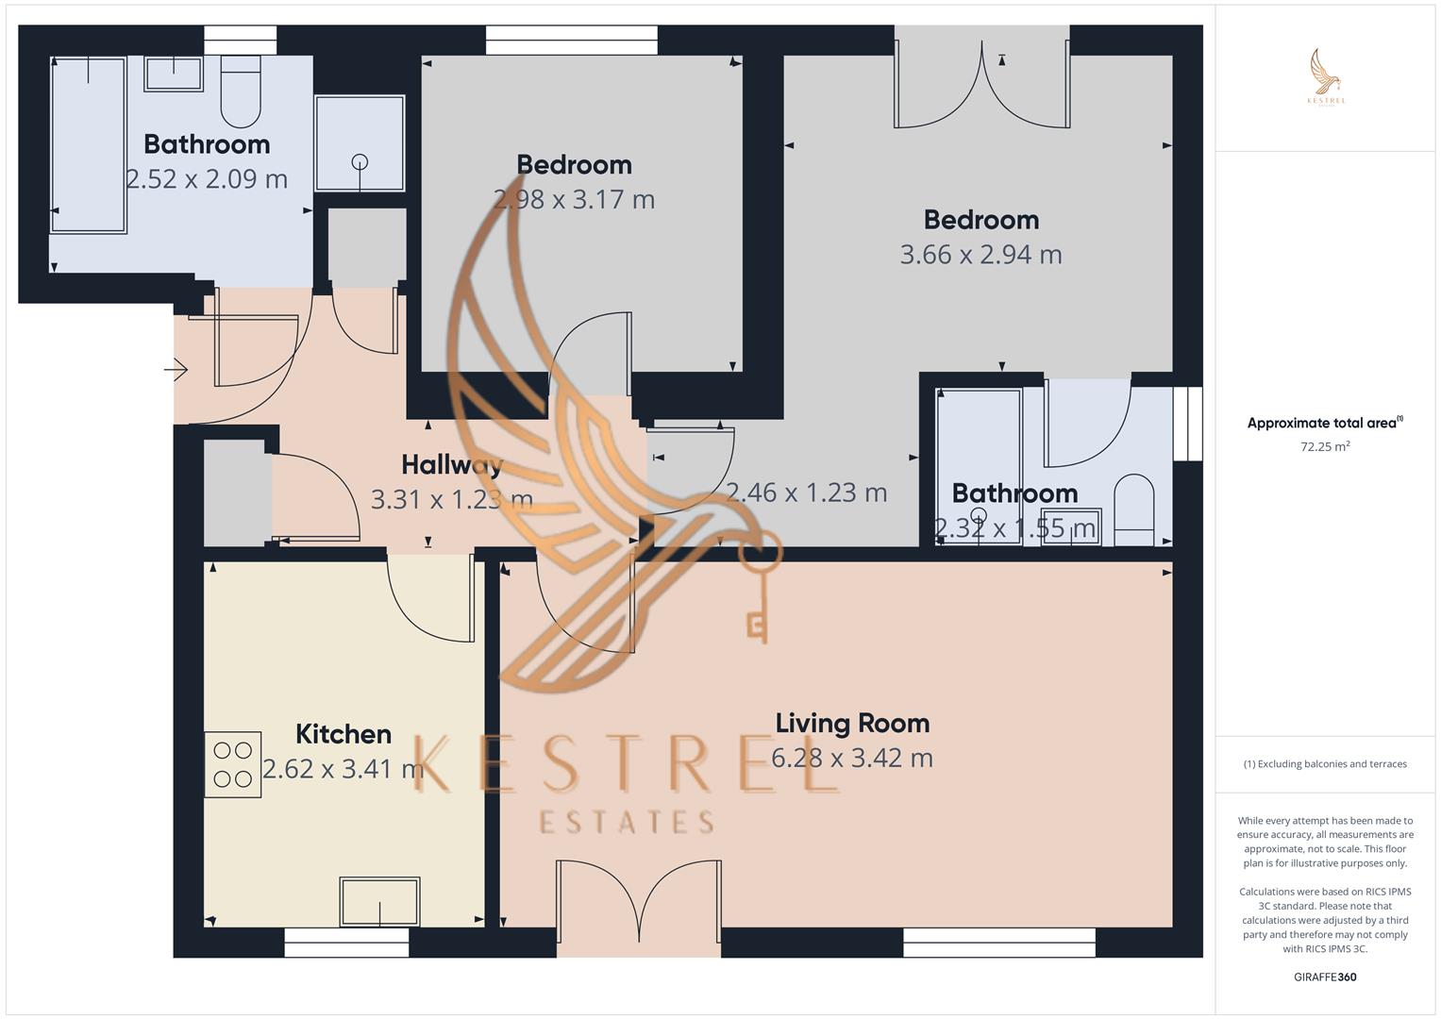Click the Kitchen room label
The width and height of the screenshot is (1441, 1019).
pyautogui.click(x=343, y=734)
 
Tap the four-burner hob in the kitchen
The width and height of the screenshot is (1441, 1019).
pyautogui.click(x=232, y=764)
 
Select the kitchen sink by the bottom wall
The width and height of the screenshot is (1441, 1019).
pyautogui.click(x=379, y=901)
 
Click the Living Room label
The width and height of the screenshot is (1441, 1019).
pyautogui.click(x=852, y=724)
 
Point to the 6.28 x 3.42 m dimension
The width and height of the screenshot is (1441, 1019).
pyautogui.click(x=852, y=759)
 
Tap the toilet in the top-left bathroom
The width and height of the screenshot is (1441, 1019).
pyautogui.click(x=241, y=92)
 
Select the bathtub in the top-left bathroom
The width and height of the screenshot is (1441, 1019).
pyautogui.click(x=89, y=144)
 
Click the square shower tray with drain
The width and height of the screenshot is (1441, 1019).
pyautogui.click(x=360, y=142)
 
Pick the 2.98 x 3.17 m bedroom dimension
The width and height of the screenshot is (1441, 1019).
pyautogui.click(x=574, y=200)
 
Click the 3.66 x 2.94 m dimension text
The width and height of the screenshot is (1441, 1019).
pyautogui.click(x=980, y=255)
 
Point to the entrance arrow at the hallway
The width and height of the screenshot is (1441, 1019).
pyautogui.click(x=176, y=370)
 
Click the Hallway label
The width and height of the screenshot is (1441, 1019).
pyautogui.click(x=451, y=464)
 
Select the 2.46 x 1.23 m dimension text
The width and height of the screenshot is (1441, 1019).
pyautogui.click(x=806, y=493)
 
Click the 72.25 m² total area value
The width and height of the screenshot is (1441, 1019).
pyautogui.click(x=1325, y=446)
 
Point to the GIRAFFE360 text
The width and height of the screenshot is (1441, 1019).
pyautogui.click(x=1325, y=977)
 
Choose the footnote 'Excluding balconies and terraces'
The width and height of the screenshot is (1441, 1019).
pyautogui.click(x=1325, y=764)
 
